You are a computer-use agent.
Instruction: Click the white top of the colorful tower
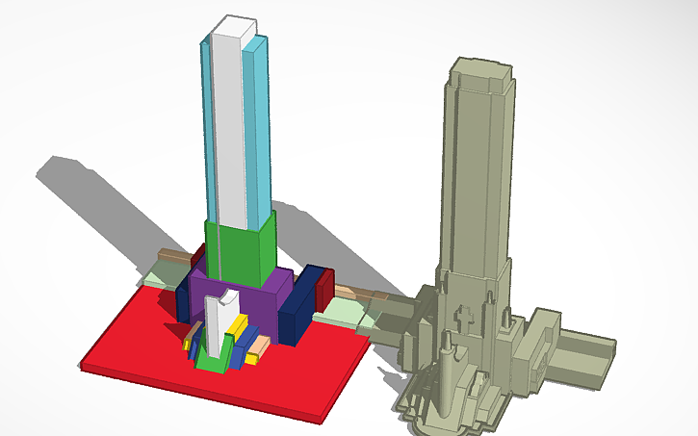coord(235,24)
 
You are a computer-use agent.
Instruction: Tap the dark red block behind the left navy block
coord(198,258)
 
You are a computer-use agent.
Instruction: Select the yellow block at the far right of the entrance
coord(252,357)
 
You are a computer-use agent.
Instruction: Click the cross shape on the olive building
coord(464,319)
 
